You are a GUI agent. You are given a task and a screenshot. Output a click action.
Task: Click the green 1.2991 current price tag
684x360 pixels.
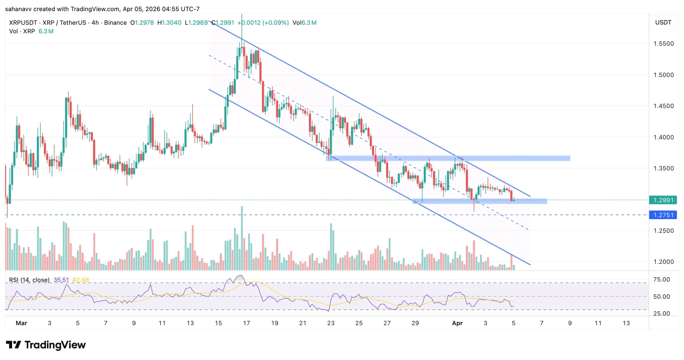click(663, 200)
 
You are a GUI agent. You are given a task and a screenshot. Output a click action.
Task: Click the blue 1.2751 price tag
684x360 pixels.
click(663, 215)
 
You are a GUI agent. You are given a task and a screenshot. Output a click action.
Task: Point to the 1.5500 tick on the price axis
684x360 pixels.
click(663, 44)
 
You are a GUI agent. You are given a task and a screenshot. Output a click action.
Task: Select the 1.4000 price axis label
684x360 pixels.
click(663, 137)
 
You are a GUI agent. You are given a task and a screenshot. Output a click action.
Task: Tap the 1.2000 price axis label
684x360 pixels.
click(663, 262)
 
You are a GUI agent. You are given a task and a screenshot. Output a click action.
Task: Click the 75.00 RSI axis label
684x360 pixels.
click(661, 280)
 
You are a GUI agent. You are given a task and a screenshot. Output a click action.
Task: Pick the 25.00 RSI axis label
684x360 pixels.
click(661, 314)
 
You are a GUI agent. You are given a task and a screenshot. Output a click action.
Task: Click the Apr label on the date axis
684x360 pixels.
click(457, 323)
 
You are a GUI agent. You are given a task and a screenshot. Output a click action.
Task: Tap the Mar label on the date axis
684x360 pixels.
click(21, 323)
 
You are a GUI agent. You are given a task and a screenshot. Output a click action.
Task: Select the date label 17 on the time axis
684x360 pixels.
click(246, 323)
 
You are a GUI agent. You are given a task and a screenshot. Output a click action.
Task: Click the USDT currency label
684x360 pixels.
click(663, 22)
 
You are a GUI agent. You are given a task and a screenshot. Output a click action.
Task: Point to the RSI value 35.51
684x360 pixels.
click(61, 280)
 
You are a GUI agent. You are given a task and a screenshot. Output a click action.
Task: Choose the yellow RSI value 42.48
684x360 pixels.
click(80, 280)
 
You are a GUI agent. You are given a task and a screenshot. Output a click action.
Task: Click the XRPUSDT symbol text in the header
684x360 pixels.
click(23, 23)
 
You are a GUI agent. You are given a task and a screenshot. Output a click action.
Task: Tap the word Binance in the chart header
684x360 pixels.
click(115, 23)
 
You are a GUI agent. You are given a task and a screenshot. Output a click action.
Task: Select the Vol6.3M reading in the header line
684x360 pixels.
click(304, 23)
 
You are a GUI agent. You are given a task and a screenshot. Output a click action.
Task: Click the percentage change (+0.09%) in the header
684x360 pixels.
click(276, 23)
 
